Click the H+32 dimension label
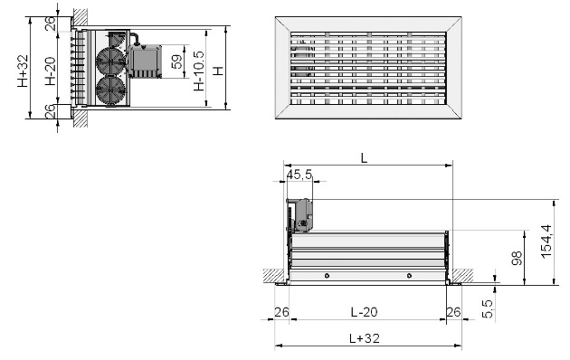[x=23, y=71]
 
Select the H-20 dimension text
[x=51, y=71]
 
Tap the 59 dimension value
[x=176, y=62]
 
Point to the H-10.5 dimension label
[x=199, y=71]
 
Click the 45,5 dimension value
[x=299, y=175]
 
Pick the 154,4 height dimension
[x=546, y=242]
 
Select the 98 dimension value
[x=517, y=258]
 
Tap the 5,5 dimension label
[x=487, y=308]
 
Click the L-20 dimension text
[x=365, y=312]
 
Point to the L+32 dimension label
[x=365, y=338]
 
